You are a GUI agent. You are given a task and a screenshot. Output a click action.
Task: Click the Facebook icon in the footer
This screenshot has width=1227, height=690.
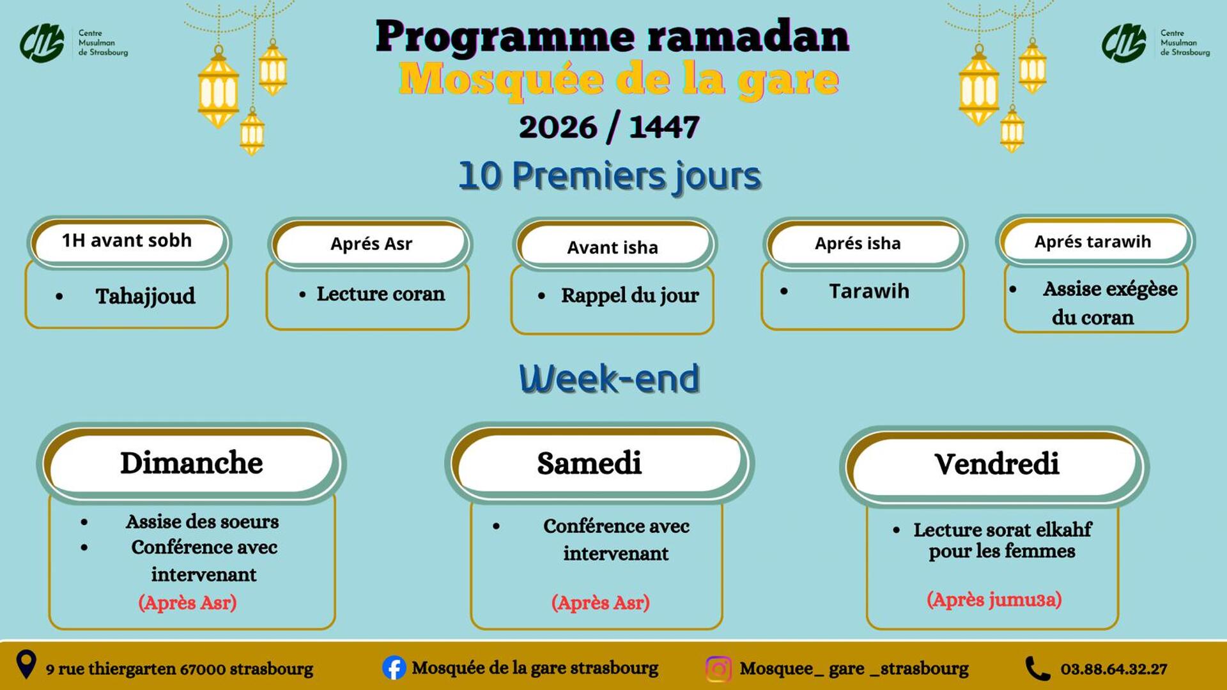point(394,668)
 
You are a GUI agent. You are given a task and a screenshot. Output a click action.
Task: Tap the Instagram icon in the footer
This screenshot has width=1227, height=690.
point(718,669)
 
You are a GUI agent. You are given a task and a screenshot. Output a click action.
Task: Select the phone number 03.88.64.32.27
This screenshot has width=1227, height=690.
point(1113,669)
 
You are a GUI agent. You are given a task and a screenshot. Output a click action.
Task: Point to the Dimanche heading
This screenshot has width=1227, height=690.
point(191,463)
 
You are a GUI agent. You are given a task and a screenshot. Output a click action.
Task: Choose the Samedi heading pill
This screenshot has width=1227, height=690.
point(589,463)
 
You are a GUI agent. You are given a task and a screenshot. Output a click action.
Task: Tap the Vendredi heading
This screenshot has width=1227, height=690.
point(996,464)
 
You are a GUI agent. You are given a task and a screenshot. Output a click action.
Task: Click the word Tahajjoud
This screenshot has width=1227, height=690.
point(145,296)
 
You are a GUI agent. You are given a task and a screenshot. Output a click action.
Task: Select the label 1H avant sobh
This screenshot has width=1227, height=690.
point(127,240)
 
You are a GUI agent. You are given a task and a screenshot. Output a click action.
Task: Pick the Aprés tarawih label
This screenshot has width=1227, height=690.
point(1092,241)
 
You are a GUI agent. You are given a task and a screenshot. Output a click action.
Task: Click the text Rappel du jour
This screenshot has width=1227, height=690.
point(629,295)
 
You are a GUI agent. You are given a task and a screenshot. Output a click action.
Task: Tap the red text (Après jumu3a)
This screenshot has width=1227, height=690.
point(994,599)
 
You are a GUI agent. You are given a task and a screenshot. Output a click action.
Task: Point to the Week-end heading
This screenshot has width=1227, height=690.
point(609,378)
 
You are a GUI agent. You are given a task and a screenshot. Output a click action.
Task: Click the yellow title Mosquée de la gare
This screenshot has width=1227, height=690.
point(618,80)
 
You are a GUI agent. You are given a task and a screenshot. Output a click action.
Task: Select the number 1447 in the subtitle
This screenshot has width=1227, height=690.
point(664,126)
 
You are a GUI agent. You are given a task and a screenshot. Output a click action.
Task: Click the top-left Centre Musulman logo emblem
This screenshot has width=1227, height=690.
point(42,43)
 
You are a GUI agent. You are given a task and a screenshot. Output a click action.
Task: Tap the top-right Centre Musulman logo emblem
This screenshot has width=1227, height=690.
point(1123,43)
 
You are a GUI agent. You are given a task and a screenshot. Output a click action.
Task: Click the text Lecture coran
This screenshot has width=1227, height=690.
point(380,293)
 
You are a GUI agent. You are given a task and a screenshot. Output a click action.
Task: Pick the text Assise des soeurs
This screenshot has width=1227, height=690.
point(202,521)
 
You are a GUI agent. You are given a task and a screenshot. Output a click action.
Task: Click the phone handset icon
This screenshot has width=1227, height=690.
point(1037,669)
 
